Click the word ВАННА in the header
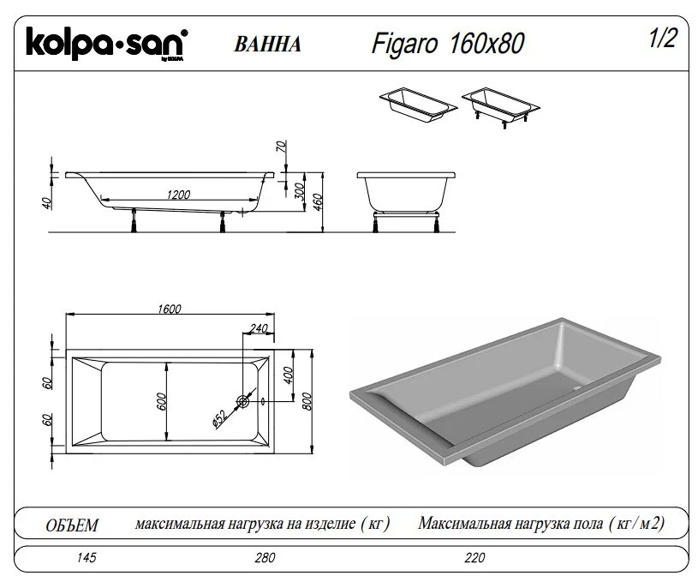(267, 45)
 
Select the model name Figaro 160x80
(448, 43)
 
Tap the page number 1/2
(663, 39)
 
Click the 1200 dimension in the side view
(179, 195)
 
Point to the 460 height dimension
(315, 201)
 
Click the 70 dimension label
(280, 145)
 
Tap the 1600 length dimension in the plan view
(170, 310)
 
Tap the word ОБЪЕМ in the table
(71, 525)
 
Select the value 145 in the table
(86, 558)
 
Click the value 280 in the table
(265, 558)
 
